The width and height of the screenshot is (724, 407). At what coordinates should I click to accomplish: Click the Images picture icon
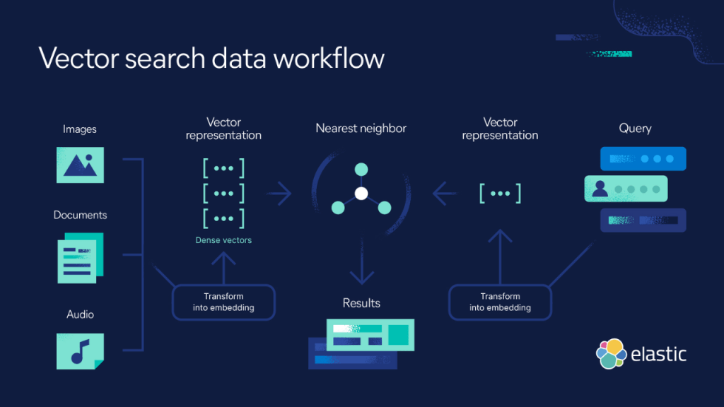coord(80,165)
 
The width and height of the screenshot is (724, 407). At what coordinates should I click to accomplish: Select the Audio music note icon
coord(80,350)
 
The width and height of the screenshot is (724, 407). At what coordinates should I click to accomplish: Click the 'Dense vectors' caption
coord(223,240)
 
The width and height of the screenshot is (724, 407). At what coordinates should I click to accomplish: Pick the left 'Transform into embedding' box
coord(223,302)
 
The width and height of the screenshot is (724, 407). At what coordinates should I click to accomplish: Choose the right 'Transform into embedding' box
coord(500,302)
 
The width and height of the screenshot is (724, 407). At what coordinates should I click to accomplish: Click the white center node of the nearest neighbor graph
coord(361,193)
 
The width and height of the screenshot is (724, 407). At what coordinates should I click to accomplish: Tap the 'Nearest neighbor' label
coord(361,129)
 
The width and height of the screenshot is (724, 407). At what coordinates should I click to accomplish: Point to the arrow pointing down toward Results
coord(361,267)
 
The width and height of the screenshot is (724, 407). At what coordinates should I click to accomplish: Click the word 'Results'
coord(361,303)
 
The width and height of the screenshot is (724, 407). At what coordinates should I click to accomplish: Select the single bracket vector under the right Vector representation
coord(500,193)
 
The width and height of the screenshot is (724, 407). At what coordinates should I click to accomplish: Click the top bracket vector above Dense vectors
coord(223,169)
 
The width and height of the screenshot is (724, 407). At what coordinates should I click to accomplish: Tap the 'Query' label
coord(635,129)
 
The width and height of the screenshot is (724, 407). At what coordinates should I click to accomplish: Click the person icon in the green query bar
coord(600,189)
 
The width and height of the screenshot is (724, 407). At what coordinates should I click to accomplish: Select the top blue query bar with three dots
coord(643,159)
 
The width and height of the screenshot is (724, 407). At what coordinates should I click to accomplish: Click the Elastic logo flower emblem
coord(612,353)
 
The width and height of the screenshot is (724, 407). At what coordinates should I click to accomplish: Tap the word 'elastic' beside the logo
coord(659,353)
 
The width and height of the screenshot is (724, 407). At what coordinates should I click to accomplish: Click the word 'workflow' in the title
coord(329,58)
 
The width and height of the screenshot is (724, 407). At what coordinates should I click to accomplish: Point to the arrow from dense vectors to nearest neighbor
coord(279,193)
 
